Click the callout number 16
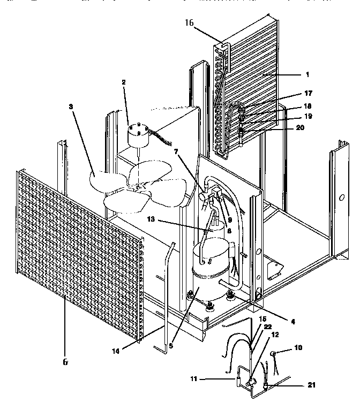[189, 23]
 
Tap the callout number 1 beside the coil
[307, 74]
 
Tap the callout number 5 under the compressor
[171, 346]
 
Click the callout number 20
[299, 128]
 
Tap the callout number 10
[298, 347]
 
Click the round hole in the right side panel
[341, 196]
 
